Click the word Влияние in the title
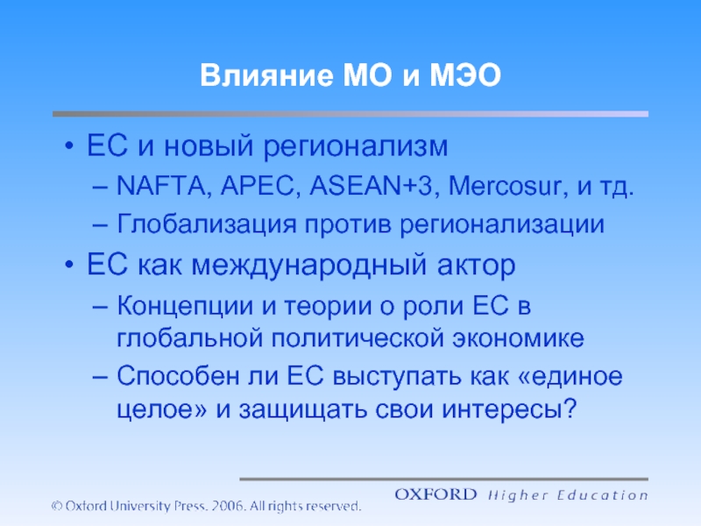point(266,75)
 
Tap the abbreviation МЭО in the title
point(465,75)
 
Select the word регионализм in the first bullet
point(356,146)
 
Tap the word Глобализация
point(206,224)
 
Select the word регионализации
point(501,224)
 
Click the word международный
point(309,266)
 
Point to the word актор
point(476,266)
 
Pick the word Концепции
point(185,307)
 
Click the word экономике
point(518,338)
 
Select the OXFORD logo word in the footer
point(435,494)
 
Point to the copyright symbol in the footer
point(57,506)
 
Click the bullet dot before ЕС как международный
point(69,265)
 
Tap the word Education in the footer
point(602,495)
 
